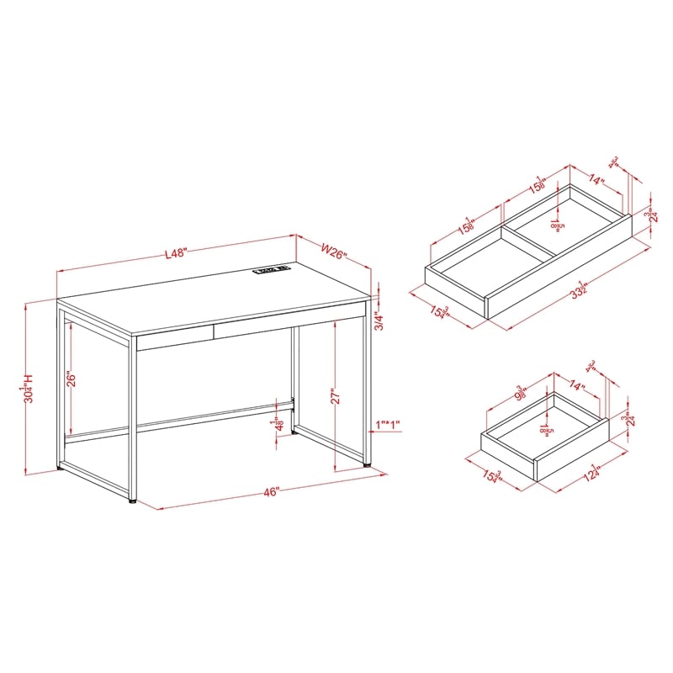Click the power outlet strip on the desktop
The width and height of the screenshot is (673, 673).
(271, 270)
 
